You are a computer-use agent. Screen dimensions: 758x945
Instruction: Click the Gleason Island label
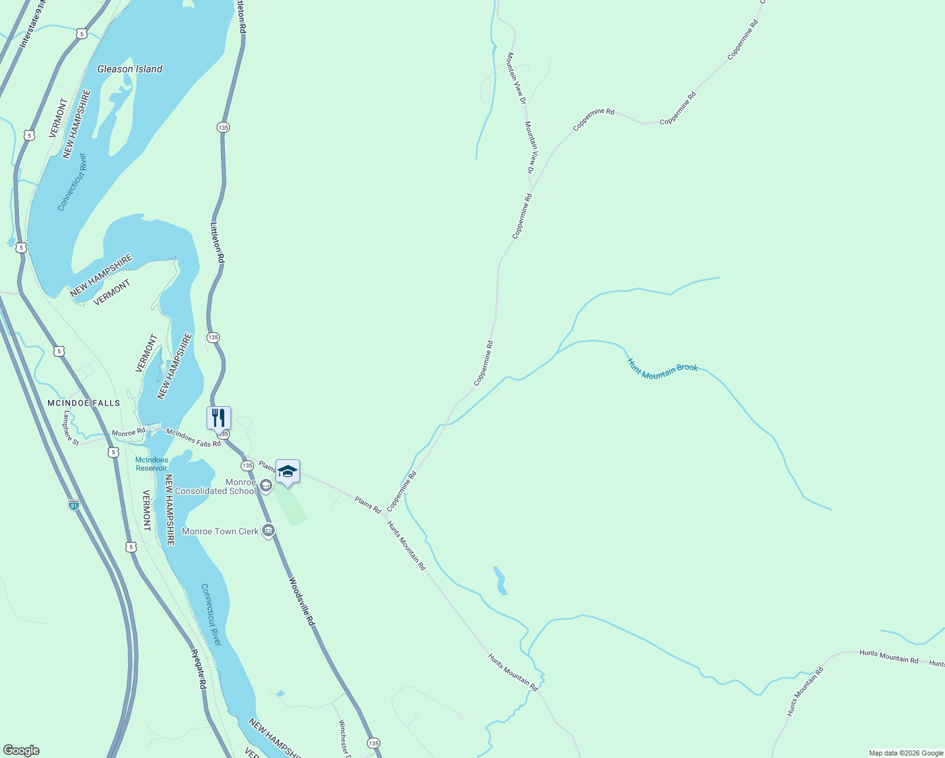pyautogui.click(x=129, y=69)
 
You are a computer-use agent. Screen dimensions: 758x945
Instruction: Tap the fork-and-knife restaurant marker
pyautogui.click(x=219, y=418)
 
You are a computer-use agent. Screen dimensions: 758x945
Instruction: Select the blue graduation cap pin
pyautogui.click(x=287, y=472)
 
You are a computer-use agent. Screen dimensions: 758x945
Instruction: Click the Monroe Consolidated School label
pyautogui.click(x=215, y=486)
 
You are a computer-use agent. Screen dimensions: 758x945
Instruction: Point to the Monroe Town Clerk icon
pyautogui.click(x=268, y=531)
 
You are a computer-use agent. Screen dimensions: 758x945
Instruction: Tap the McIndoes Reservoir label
pyautogui.click(x=152, y=464)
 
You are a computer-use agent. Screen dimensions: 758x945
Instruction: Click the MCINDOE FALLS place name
pyautogui.click(x=84, y=403)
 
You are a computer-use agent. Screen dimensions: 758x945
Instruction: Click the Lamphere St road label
pyautogui.click(x=71, y=428)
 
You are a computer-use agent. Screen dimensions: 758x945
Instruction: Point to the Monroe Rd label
pyautogui.click(x=128, y=433)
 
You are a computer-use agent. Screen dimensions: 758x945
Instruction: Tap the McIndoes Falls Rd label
pyautogui.click(x=193, y=437)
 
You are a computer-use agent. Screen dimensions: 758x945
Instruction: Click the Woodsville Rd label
pyautogui.click(x=302, y=601)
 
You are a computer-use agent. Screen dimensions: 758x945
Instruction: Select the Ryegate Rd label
pyautogui.click(x=199, y=669)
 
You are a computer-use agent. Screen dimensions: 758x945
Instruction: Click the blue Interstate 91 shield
pyautogui.click(x=74, y=505)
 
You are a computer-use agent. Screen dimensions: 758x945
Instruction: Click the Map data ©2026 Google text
pyautogui.click(x=905, y=753)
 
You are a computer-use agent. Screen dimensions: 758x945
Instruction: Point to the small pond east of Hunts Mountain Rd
pyautogui.click(x=500, y=581)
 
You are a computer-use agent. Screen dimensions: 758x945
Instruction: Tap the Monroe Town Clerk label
pyautogui.click(x=220, y=531)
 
